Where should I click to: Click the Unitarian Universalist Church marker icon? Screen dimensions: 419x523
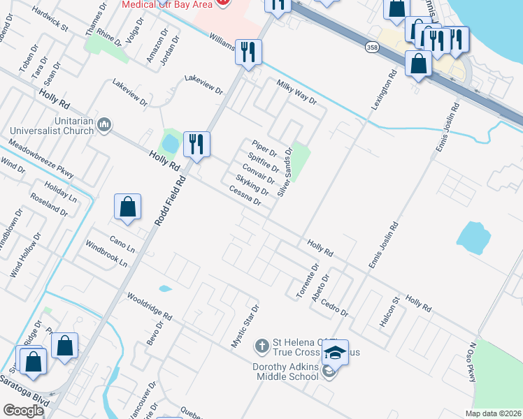[104, 124]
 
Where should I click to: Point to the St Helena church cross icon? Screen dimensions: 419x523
[261, 346]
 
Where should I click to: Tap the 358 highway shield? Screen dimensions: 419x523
[372, 47]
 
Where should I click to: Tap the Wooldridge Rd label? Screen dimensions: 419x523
[149, 306]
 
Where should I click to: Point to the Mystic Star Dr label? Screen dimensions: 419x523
[245, 326]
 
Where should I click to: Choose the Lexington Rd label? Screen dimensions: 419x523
[379, 89]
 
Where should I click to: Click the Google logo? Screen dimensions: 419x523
[24, 410]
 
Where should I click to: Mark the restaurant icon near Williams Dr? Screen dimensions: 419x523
[248, 51]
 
